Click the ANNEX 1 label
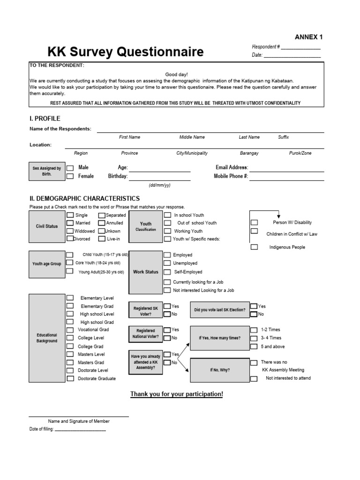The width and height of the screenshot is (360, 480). [308, 37]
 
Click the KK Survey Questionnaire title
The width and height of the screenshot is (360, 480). [126, 52]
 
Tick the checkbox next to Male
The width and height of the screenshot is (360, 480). [70, 168]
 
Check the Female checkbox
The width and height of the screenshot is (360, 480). [70, 177]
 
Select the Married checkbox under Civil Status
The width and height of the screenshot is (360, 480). [70, 223]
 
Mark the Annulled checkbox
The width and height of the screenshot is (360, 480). [101, 223]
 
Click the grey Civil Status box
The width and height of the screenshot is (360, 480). [47, 226]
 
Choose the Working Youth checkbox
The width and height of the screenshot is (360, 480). [167, 231]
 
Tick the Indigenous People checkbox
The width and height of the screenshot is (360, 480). [254, 247]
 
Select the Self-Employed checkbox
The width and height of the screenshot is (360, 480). [167, 272]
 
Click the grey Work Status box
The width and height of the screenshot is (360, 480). [146, 272]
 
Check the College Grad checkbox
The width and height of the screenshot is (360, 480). [70, 346]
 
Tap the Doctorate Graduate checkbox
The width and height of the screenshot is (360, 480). [70, 378]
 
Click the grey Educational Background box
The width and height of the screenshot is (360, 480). [47, 338]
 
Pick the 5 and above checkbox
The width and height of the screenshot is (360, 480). [254, 346]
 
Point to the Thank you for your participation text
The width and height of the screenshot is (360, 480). [177, 394]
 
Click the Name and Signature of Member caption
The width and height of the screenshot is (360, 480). [79, 421]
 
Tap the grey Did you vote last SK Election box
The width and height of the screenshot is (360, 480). [220, 310]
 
